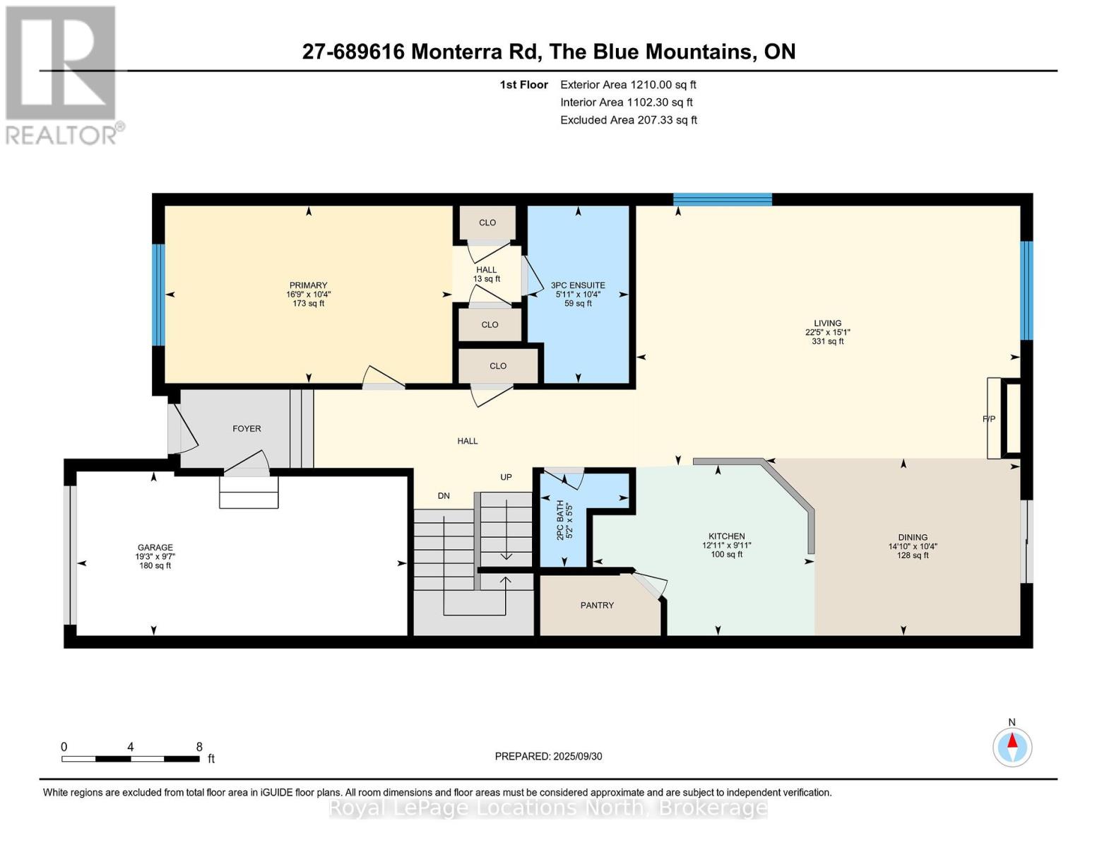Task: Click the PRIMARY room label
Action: pyautogui.click(x=308, y=285)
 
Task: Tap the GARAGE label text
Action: pyautogui.click(x=155, y=547)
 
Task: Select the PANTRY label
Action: pyautogui.click(x=597, y=605)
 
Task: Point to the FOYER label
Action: pyautogui.click(x=247, y=428)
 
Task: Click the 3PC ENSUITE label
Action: pyautogui.click(x=578, y=285)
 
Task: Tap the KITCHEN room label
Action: pyautogui.click(x=726, y=536)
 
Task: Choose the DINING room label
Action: pyautogui.click(x=913, y=537)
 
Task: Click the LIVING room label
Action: pyautogui.click(x=827, y=323)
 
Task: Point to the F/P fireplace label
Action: pyautogui.click(x=989, y=418)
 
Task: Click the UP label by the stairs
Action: pyautogui.click(x=506, y=477)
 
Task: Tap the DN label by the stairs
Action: pyautogui.click(x=443, y=495)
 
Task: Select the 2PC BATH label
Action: pyautogui.click(x=560, y=519)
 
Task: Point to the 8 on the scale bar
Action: pyautogui.click(x=199, y=746)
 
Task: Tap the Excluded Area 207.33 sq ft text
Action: pyautogui.click(x=629, y=119)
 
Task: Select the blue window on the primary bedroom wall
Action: pyautogui.click(x=158, y=295)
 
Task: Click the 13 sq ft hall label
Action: pyautogui.click(x=486, y=279)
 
